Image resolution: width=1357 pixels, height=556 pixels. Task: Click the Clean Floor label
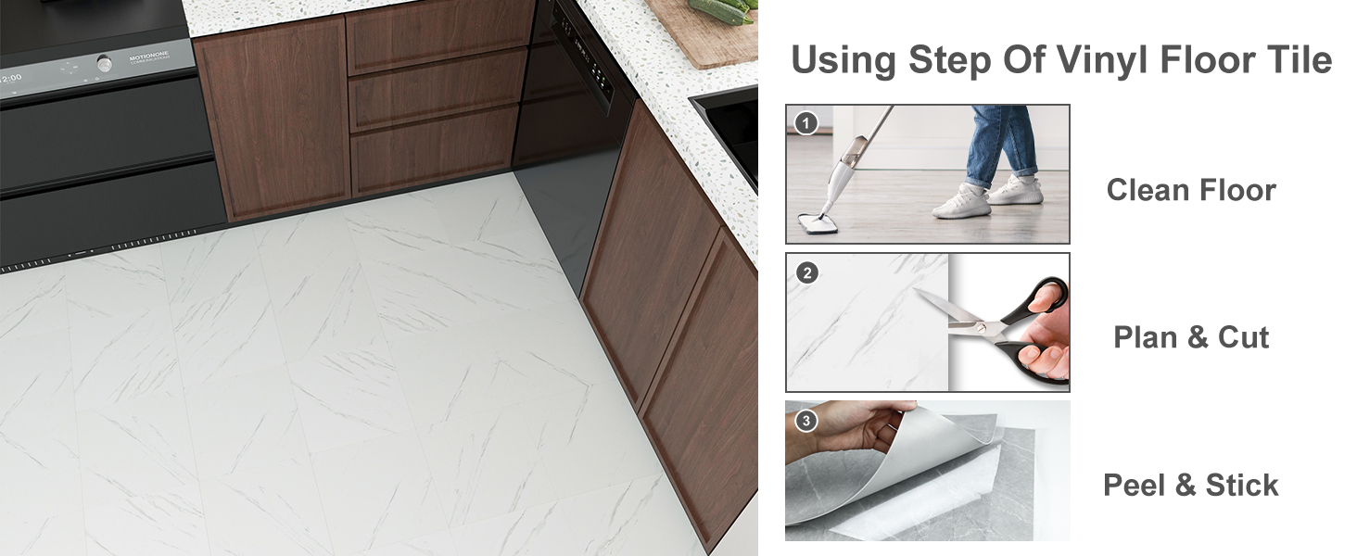[1191, 190]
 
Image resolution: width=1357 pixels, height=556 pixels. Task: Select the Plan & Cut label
[1191, 337]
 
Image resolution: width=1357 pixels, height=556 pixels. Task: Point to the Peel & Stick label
[1190, 486]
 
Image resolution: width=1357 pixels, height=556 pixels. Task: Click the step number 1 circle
[805, 123]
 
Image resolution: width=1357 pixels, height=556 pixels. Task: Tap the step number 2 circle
[806, 273]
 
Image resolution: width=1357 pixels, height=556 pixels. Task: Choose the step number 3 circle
[805, 421]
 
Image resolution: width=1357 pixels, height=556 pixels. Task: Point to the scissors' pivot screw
[980, 328]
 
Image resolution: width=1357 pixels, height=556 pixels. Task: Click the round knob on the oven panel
[105, 62]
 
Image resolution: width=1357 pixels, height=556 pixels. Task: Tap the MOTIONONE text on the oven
[148, 57]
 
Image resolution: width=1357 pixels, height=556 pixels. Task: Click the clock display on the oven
[11, 78]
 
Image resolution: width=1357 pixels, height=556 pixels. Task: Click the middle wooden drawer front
[438, 90]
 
